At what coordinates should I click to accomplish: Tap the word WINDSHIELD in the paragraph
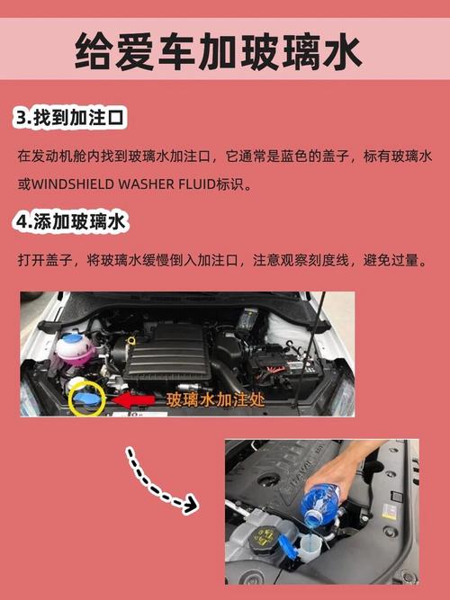click(x=73, y=184)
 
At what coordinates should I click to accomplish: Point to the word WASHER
click(x=141, y=184)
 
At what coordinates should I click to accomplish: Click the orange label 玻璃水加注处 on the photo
click(x=215, y=399)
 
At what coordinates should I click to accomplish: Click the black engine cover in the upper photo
click(x=171, y=350)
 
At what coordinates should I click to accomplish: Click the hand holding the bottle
click(x=378, y=463)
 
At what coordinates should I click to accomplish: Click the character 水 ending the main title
click(x=343, y=52)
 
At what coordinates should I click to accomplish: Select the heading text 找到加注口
click(x=82, y=118)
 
